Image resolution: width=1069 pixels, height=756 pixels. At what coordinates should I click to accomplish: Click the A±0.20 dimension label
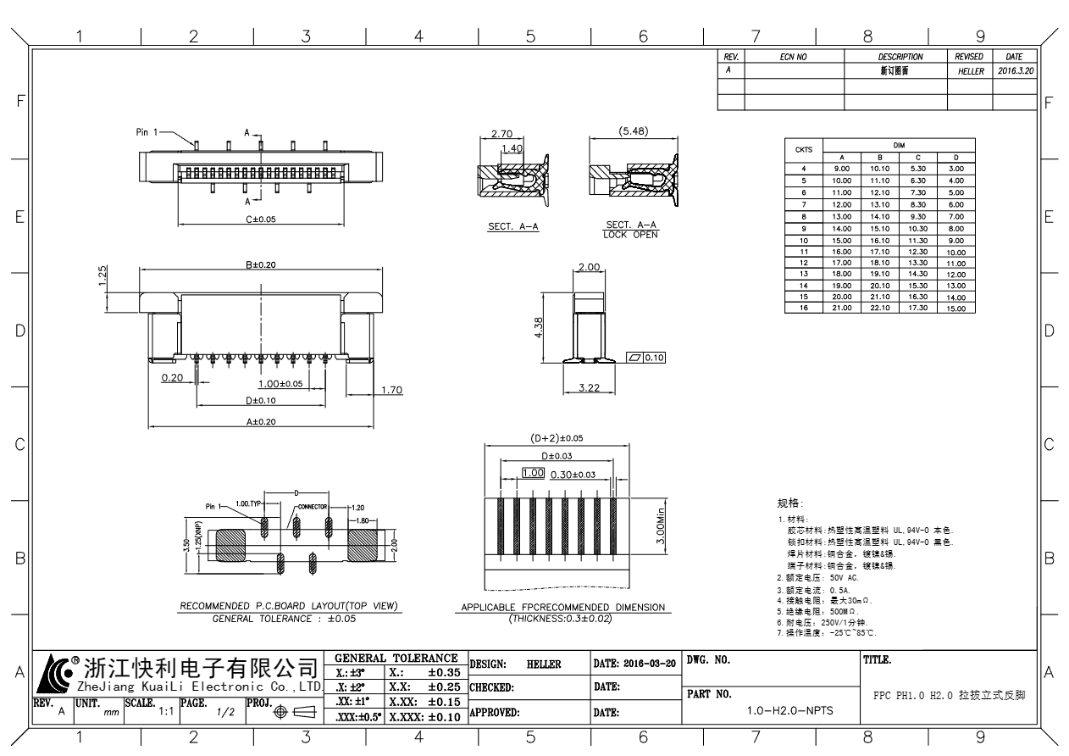(x=261, y=420)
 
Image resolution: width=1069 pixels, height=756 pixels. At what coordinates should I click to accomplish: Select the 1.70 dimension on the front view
(x=391, y=390)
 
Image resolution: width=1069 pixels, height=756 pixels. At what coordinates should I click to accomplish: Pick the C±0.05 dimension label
(x=261, y=219)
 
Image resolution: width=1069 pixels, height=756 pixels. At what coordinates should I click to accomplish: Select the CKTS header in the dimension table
(x=804, y=150)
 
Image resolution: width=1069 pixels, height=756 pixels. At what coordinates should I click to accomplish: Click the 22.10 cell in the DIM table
(x=882, y=308)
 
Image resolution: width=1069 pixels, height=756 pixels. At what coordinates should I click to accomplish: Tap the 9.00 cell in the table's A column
(x=842, y=169)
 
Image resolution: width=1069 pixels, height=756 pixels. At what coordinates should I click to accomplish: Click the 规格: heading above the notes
(x=789, y=503)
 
